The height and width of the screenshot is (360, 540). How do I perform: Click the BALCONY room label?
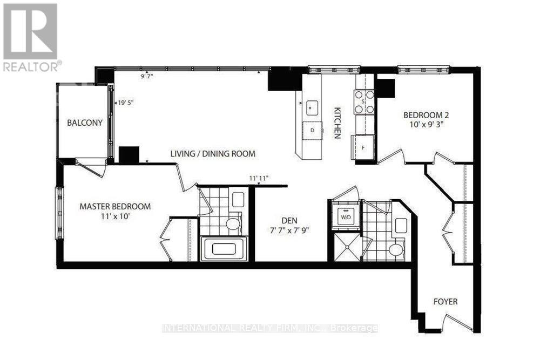[85, 123]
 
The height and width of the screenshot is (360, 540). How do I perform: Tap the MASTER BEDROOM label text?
[115, 206]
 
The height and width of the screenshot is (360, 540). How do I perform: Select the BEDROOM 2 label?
[427, 115]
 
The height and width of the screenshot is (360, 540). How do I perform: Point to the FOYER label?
[446, 302]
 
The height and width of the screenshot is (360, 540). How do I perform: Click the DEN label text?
[291, 220]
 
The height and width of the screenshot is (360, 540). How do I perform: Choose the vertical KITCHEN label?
[336, 123]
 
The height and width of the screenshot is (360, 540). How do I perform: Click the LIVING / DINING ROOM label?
[213, 154]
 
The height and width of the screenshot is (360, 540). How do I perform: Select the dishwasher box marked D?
[312, 130]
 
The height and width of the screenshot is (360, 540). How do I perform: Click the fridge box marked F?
[363, 146]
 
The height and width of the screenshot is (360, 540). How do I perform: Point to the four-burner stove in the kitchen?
[364, 102]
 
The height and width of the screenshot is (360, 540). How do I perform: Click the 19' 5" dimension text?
[125, 100]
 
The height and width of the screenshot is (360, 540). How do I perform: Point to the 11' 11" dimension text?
[259, 178]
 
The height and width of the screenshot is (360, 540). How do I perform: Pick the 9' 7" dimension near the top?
[147, 77]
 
